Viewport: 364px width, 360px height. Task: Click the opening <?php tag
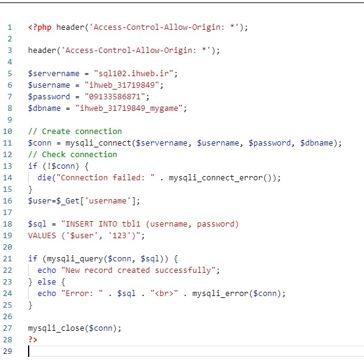[40, 27]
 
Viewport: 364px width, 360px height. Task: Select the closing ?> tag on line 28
[33, 339]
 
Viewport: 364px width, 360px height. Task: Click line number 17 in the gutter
[7, 212]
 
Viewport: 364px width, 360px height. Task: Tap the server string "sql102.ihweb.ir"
[134, 74]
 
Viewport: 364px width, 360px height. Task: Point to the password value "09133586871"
[115, 96]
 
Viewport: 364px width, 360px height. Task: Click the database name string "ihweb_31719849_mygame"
[129, 108]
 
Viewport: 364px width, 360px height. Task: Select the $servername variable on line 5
[54, 74]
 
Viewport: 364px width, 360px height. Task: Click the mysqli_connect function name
[98, 143]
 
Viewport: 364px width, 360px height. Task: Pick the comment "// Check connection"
[73, 155]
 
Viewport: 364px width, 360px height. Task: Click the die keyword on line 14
[45, 178]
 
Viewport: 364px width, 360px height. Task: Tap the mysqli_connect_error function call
[223, 178]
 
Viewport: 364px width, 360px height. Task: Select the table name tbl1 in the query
[131, 224]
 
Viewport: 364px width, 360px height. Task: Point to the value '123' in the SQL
[120, 236]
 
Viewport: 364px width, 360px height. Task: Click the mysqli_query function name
[75, 259]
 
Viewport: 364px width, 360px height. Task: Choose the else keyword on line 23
[47, 282]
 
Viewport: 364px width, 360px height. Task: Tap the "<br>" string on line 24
[164, 294]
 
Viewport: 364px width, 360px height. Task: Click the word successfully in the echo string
[183, 270]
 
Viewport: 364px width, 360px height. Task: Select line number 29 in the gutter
[7, 351]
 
